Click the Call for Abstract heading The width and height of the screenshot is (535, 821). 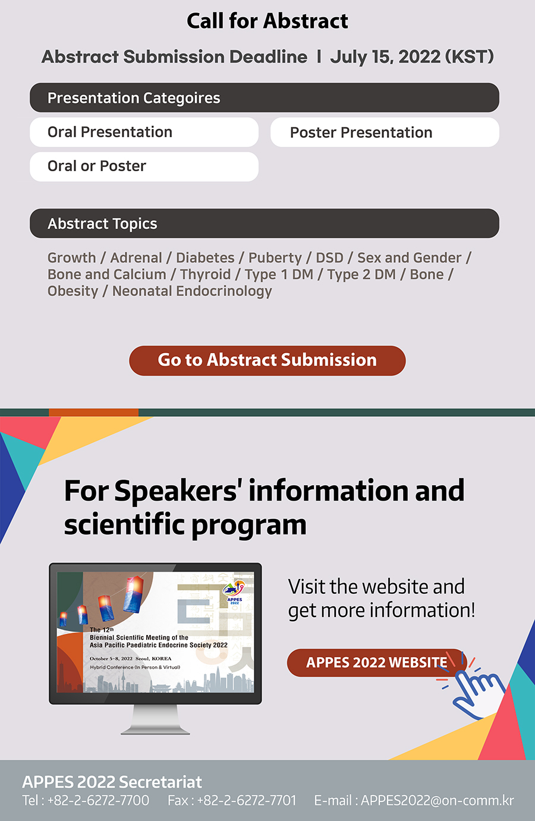[x=267, y=21]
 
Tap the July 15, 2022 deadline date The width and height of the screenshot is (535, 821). [x=385, y=57]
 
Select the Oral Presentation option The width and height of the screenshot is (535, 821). [x=144, y=132]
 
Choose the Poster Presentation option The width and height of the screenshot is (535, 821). [x=385, y=133]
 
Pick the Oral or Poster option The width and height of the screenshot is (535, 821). [x=144, y=166]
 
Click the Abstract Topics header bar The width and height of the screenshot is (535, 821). [x=264, y=224]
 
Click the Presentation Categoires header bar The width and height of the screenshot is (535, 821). [x=264, y=97]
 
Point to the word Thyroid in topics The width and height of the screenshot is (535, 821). [x=205, y=275]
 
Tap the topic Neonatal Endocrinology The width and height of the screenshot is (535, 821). [x=192, y=291]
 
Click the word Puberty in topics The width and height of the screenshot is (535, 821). [x=275, y=258]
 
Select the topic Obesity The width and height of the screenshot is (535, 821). [x=73, y=291]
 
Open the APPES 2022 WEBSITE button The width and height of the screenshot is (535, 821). [x=376, y=663]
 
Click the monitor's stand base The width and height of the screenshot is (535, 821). [x=155, y=731]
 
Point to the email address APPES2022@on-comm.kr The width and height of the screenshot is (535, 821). [x=437, y=800]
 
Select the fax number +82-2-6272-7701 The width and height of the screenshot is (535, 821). [x=247, y=800]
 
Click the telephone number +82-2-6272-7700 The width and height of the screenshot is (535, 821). [x=98, y=800]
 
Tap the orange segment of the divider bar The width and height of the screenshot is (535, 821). [x=93, y=413]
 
